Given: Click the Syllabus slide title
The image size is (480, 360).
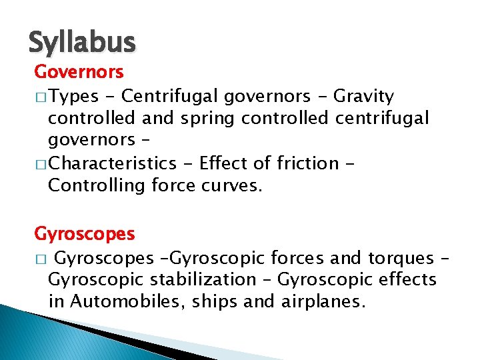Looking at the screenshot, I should [82, 43].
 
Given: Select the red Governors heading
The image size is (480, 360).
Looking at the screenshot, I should [79, 71].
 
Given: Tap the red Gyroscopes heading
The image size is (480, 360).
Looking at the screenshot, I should [85, 234].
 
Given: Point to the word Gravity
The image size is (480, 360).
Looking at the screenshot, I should [363, 97].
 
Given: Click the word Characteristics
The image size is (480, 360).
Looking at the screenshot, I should [111, 163].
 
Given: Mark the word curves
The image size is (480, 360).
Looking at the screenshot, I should [231, 185].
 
